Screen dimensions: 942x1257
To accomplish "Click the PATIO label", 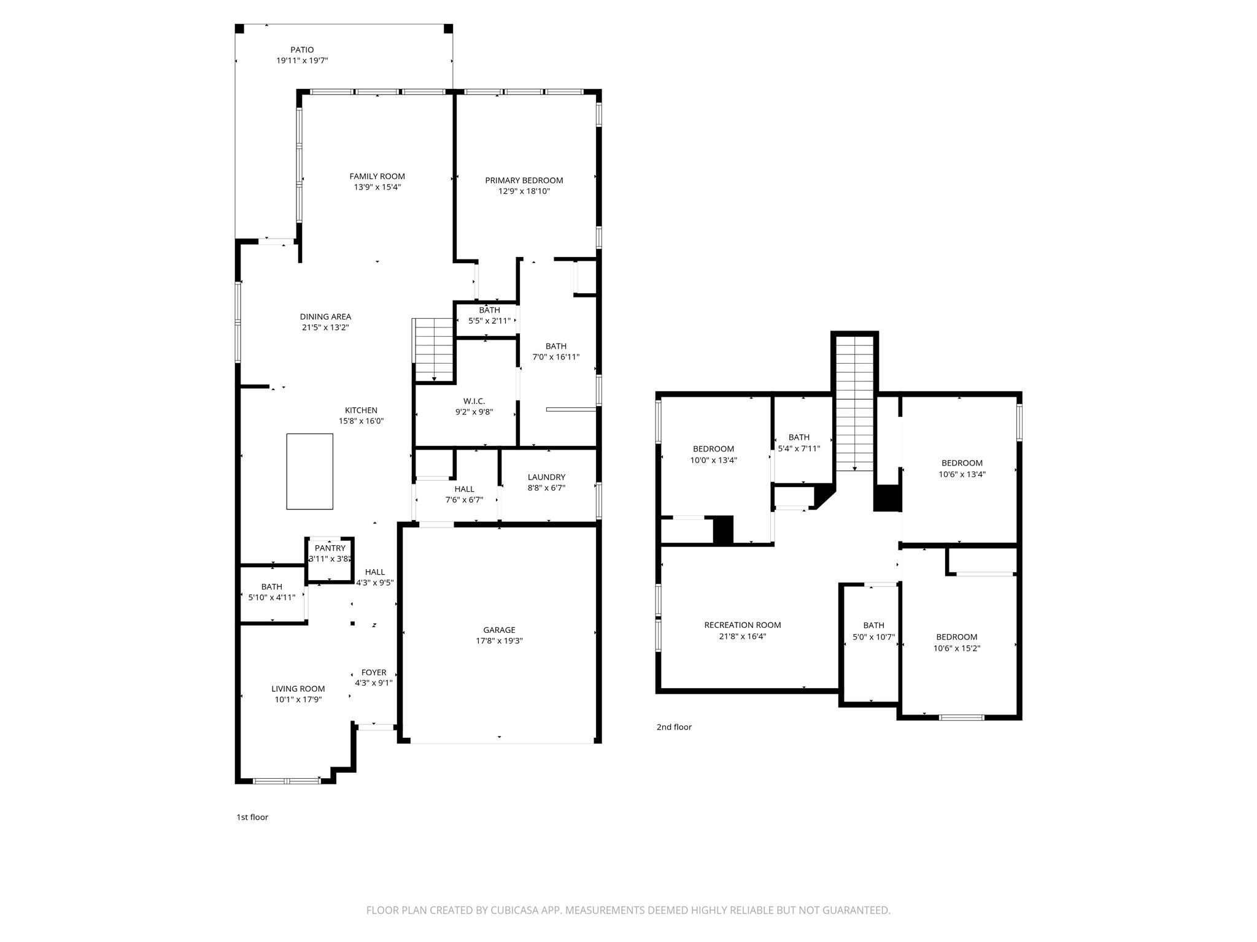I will [302, 50].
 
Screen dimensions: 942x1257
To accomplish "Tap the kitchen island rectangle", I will [309, 471].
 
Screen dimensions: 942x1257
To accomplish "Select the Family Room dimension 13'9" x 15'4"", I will [377, 187].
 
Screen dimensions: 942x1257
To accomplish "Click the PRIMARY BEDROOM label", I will [524, 180].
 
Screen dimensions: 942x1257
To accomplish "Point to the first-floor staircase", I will [434, 350].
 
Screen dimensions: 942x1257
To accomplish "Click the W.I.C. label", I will [474, 401].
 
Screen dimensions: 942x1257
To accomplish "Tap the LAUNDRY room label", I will [546, 477].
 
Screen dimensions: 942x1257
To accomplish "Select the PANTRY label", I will [330, 548].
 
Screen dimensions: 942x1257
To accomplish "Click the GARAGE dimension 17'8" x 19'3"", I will [499, 641].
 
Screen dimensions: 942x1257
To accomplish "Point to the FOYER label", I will [374, 672].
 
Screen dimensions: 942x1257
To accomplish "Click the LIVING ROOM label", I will [298, 689].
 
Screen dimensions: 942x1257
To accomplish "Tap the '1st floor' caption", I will [252, 817].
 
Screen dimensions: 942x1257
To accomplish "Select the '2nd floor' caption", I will [674, 727].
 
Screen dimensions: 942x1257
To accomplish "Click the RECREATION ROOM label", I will [742, 625].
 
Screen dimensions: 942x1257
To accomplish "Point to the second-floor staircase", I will [854, 405].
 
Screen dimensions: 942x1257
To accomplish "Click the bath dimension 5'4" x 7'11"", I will [799, 448].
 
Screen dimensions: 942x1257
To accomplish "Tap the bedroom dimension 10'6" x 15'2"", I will [956, 648].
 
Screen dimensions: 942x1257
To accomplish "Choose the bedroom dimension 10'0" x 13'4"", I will [713, 460].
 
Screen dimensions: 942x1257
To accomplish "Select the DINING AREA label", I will [325, 316].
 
